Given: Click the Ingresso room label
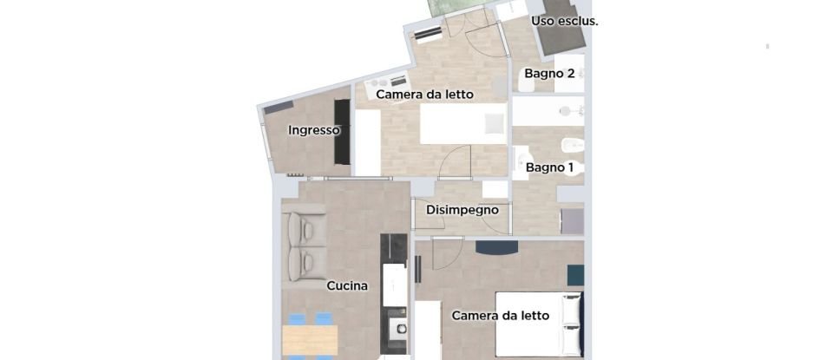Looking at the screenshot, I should [313, 131].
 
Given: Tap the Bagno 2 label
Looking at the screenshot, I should [549, 74].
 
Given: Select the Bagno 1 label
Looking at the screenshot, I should [549, 167].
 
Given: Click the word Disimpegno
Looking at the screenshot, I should [462, 210].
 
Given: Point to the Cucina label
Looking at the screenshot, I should [347, 285].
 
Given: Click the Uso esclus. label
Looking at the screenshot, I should [564, 21].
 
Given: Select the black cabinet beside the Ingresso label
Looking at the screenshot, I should [343, 132].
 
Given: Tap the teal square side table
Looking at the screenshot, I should [576, 275].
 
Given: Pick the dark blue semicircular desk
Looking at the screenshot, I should [497, 248].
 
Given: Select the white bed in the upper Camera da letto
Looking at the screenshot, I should [463, 124].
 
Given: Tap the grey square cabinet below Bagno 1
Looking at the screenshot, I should [573, 221].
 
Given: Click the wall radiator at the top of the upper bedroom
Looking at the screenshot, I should [429, 34].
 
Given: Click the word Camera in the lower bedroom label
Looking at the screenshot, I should [475, 316].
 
